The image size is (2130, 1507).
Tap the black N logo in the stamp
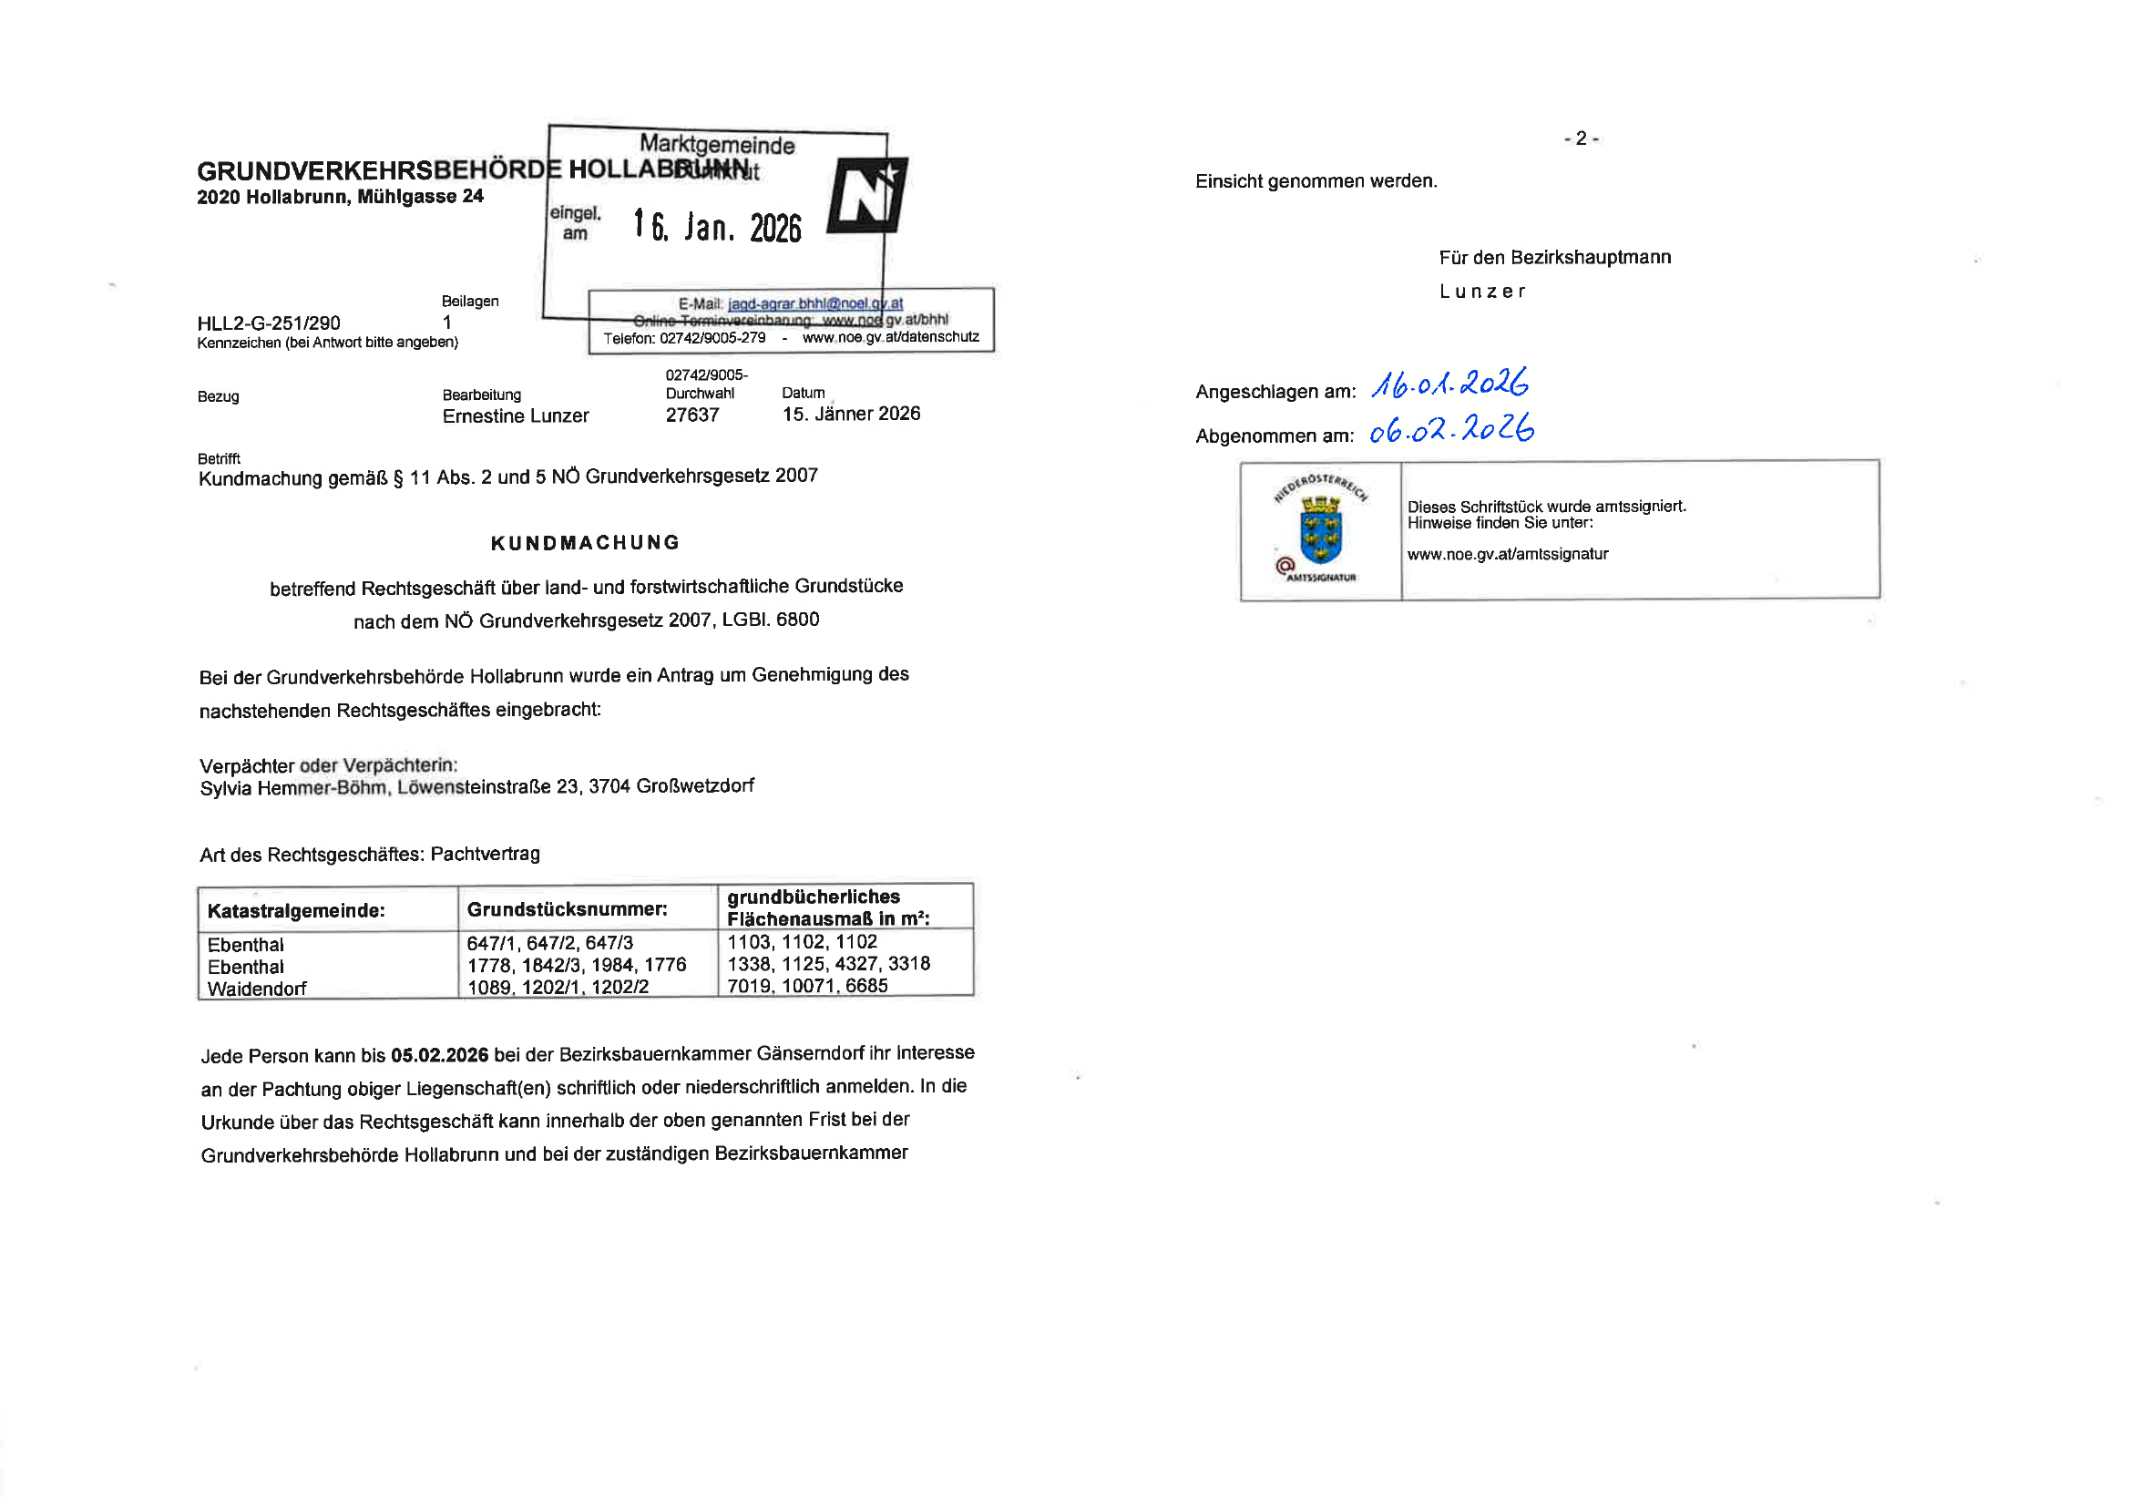click(x=866, y=196)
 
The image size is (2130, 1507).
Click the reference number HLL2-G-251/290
click(x=268, y=323)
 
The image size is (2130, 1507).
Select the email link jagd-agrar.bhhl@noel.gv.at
click(x=814, y=303)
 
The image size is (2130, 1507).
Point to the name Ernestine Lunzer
click(x=515, y=415)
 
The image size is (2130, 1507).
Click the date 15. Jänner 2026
click(x=851, y=414)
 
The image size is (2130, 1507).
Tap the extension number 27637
click(x=692, y=415)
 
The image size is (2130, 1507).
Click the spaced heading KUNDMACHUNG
click(x=586, y=543)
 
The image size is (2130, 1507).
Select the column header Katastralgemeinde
click(x=296, y=910)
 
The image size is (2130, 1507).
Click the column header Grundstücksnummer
click(x=567, y=908)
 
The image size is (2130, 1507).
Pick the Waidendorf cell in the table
click(x=257, y=989)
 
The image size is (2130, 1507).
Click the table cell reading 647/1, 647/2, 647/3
click(x=550, y=943)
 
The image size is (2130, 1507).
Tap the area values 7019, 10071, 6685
click(x=807, y=986)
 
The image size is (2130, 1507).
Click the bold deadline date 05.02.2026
click(x=439, y=1055)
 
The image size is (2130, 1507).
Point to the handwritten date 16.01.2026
click(x=1449, y=384)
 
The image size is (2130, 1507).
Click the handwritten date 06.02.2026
click(x=1451, y=429)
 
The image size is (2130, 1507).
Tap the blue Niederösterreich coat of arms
click(x=1320, y=530)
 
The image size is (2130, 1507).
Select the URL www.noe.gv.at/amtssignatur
click(x=1508, y=554)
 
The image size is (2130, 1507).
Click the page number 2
click(x=1581, y=138)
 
